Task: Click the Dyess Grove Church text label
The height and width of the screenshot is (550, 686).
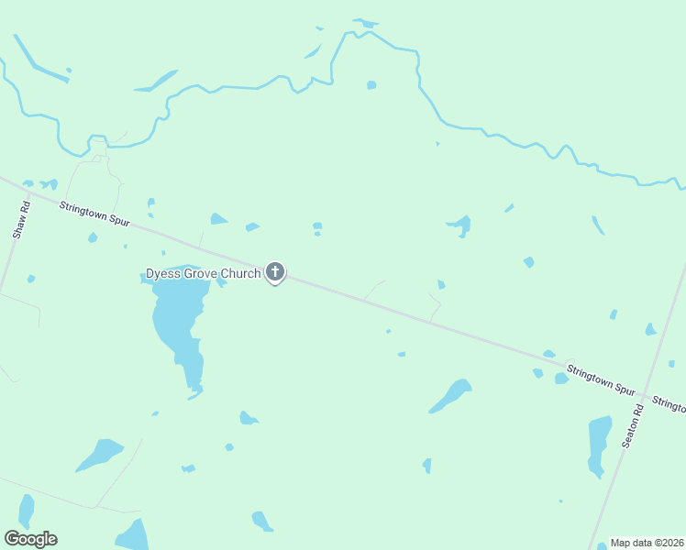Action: [204, 273]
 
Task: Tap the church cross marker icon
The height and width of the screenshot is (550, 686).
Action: [274, 272]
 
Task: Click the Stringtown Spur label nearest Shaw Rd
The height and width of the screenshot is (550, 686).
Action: [95, 214]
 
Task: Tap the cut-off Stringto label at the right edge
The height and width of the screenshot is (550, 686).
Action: [669, 404]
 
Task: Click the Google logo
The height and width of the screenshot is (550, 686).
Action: [30, 539]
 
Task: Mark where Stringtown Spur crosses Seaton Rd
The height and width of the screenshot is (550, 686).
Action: [647, 396]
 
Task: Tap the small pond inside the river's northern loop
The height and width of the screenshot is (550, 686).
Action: [371, 85]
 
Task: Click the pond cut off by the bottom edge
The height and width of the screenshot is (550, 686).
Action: [134, 535]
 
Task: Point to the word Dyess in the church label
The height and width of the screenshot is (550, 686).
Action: [160, 273]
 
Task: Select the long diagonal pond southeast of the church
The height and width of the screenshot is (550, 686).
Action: [451, 396]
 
